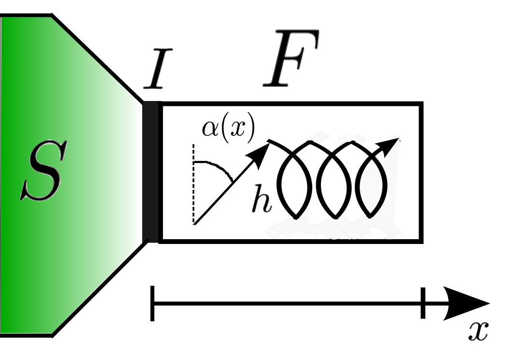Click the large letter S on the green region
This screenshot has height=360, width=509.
41,172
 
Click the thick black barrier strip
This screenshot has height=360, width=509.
151,172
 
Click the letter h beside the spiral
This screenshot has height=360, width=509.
262,201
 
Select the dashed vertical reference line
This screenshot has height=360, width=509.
193,184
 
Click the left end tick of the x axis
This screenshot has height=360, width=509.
153,303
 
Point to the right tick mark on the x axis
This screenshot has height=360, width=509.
423,303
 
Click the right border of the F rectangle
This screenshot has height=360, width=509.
422,172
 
